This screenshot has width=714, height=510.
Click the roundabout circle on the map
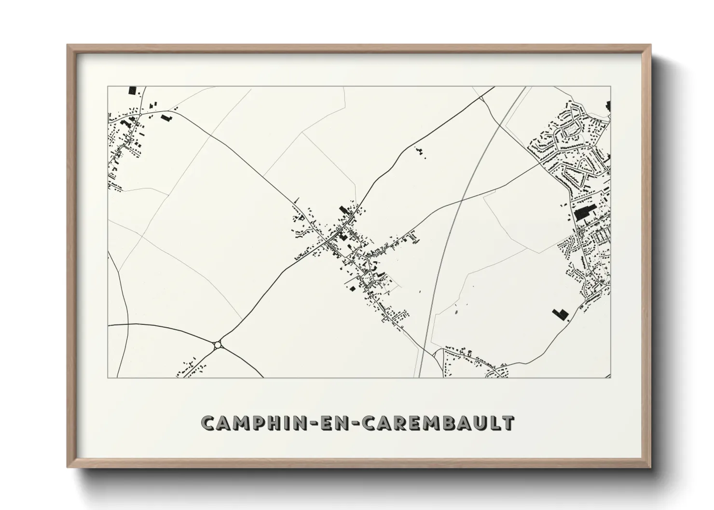(x=218, y=344)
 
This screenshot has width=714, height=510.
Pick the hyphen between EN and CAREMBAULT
(x=355, y=423)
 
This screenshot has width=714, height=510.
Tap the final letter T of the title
(x=508, y=423)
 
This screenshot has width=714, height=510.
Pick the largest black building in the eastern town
(x=584, y=212)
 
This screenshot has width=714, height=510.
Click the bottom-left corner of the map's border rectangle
(x=108, y=377)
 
